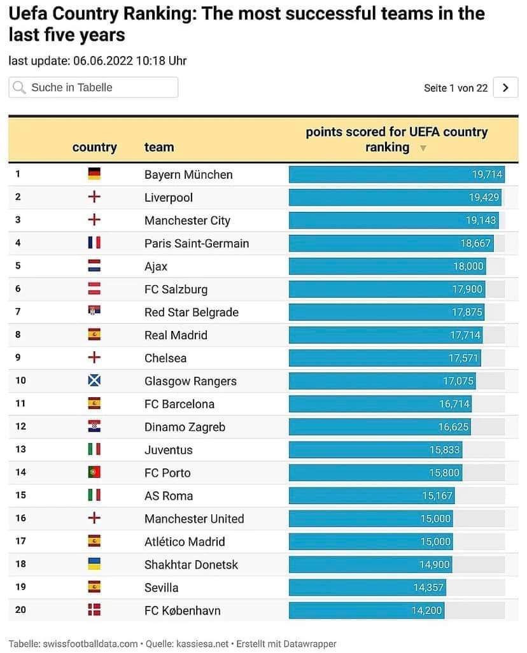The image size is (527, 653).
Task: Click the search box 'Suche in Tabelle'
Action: click(x=94, y=87)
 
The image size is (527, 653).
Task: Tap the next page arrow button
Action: click(x=505, y=87)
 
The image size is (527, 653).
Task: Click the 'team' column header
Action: click(x=159, y=147)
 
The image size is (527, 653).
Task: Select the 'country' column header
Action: click(x=95, y=147)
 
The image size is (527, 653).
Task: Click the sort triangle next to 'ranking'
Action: click(x=423, y=148)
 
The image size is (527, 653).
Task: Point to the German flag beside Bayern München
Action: click(x=94, y=174)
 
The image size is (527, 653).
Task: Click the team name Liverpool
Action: click(x=168, y=197)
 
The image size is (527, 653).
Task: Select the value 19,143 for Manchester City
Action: click(x=481, y=220)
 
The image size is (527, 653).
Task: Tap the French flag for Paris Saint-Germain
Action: click(x=94, y=242)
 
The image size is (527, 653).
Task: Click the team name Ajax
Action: click(x=156, y=266)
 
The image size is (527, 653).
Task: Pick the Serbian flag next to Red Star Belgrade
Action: click(x=94, y=311)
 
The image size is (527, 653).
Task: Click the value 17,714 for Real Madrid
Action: click(x=465, y=335)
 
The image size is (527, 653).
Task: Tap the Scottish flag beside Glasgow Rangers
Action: click(x=94, y=380)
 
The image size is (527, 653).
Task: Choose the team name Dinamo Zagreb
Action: click(x=185, y=427)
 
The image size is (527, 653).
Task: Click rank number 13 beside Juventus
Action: click(x=20, y=449)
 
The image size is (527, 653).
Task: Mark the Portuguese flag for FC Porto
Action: click(x=94, y=472)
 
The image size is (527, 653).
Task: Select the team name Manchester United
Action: click(x=194, y=519)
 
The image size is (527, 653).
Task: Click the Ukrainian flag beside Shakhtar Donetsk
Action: click(x=94, y=564)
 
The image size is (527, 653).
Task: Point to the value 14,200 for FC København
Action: click(x=426, y=610)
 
